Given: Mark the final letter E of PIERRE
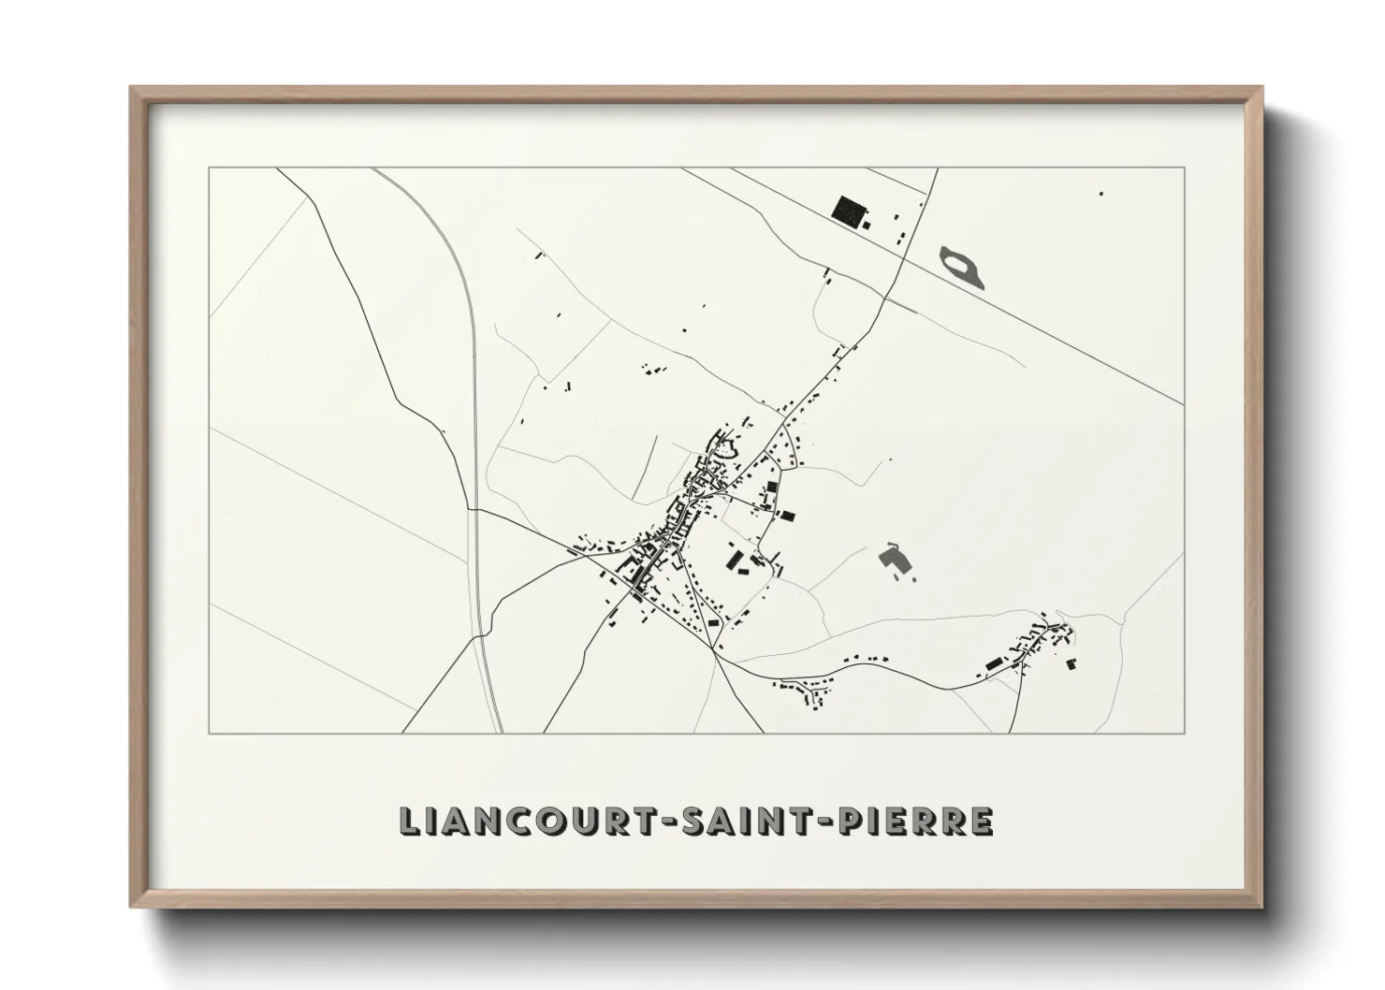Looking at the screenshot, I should click(981, 821).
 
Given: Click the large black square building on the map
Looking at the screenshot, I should click(849, 211).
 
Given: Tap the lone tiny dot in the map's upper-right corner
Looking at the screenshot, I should click(1101, 194).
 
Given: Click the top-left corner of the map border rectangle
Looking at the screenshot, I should click(209, 168).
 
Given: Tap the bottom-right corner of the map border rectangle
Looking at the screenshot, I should click(1184, 733).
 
